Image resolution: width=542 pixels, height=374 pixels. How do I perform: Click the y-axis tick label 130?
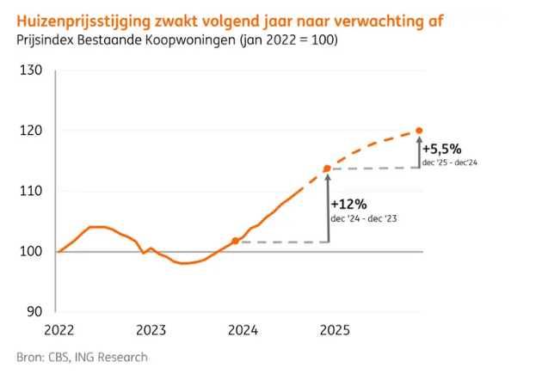[31, 70]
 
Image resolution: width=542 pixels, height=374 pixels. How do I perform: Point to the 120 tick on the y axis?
[31, 131]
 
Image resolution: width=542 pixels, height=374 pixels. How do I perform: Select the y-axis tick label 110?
[31, 191]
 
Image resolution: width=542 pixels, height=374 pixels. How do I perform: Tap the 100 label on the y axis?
[31, 252]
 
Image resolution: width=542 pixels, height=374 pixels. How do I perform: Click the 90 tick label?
[34, 312]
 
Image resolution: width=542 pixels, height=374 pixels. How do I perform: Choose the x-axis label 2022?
[58, 329]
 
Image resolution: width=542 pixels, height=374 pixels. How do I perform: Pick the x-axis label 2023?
[151, 329]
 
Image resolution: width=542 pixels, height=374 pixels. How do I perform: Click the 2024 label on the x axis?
[243, 329]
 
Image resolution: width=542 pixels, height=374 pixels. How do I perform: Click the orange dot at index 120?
[419, 131]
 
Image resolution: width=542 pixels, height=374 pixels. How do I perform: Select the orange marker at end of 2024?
[327, 169]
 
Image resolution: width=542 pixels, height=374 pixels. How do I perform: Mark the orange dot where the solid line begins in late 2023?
[235, 242]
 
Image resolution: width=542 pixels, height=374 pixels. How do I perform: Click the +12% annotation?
[348, 205]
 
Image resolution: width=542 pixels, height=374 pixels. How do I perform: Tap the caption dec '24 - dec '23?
[364, 219]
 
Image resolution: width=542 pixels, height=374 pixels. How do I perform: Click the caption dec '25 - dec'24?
[449, 162]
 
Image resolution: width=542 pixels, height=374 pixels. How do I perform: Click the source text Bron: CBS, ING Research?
[82, 357]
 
